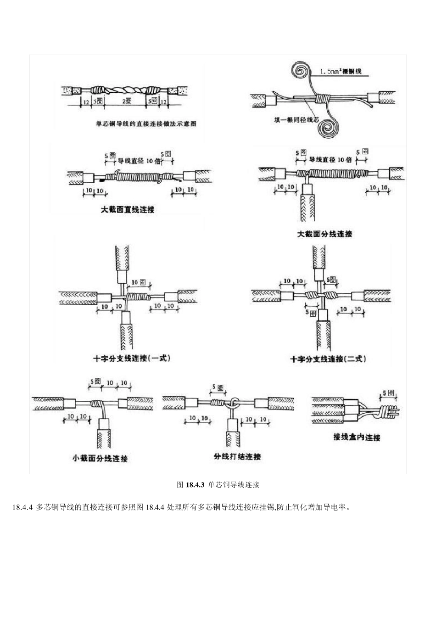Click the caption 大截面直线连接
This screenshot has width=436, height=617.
pyautogui.click(x=127, y=209)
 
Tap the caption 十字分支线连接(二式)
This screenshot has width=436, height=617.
pyautogui.click(x=328, y=359)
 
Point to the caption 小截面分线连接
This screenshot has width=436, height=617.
pyautogui.click(x=100, y=459)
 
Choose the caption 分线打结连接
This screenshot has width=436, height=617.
pyautogui.click(x=237, y=457)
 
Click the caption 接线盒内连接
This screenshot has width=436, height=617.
pyautogui.click(x=357, y=437)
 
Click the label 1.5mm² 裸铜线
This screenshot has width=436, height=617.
pyautogui.click(x=341, y=71)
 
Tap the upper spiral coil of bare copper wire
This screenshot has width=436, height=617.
pyautogui.click(x=302, y=71)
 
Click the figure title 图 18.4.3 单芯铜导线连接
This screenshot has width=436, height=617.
pyautogui.click(x=218, y=484)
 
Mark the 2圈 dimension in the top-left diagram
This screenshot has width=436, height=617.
pyautogui.click(x=127, y=100)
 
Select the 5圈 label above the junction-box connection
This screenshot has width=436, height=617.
pyautogui.click(x=388, y=393)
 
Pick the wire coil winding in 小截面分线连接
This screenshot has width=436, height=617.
pyautogui.click(x=97, y=404)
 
